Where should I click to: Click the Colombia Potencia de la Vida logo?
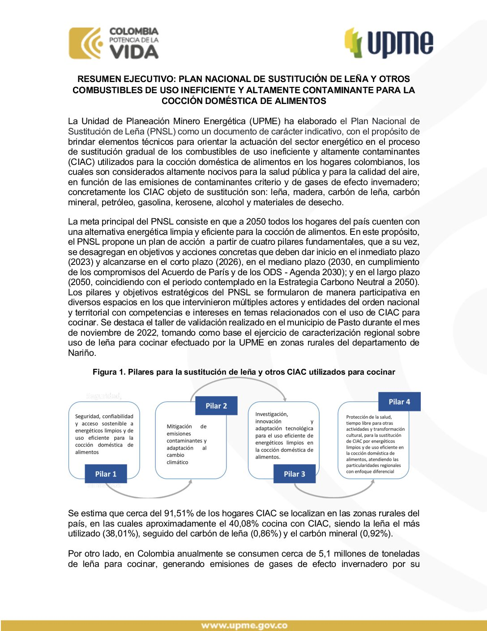click(114, 43)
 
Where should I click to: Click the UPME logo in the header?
click(389, 43)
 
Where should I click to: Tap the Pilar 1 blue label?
click(106, 474)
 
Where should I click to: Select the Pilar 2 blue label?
click(216, 406)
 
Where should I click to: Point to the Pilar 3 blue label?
click(295, 474)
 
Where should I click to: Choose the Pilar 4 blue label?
click(399, 402)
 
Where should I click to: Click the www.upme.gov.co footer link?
click(244, 626)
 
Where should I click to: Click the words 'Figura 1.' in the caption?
click(109, 372)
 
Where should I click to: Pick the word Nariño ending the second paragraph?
click(81, 353)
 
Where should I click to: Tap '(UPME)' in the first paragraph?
click(265, 121)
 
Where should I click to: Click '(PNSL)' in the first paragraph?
click(161, 131)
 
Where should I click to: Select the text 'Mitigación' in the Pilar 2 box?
click(179, 426)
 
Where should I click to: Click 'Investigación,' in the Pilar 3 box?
click(272, 414)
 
